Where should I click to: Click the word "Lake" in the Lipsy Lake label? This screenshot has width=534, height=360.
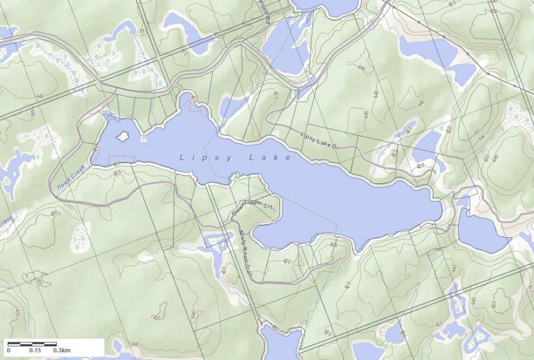click(270, 158)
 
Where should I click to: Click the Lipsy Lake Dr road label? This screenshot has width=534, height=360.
click(319, 140)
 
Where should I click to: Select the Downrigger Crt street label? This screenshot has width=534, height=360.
click(255, 206)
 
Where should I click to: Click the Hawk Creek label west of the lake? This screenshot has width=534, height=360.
click(72, 177)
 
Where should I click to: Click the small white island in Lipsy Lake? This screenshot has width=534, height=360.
click(123, 136)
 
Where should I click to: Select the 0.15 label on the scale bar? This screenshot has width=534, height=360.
click(34, 351)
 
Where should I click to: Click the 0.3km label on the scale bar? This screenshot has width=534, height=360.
click(62, 351)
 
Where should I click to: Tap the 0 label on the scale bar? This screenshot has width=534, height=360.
click(8, 351)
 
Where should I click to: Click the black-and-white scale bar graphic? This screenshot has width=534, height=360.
click(32, 343)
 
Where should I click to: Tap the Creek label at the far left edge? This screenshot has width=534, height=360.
click(5, 222)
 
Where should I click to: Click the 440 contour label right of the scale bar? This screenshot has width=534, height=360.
click(135, 344)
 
